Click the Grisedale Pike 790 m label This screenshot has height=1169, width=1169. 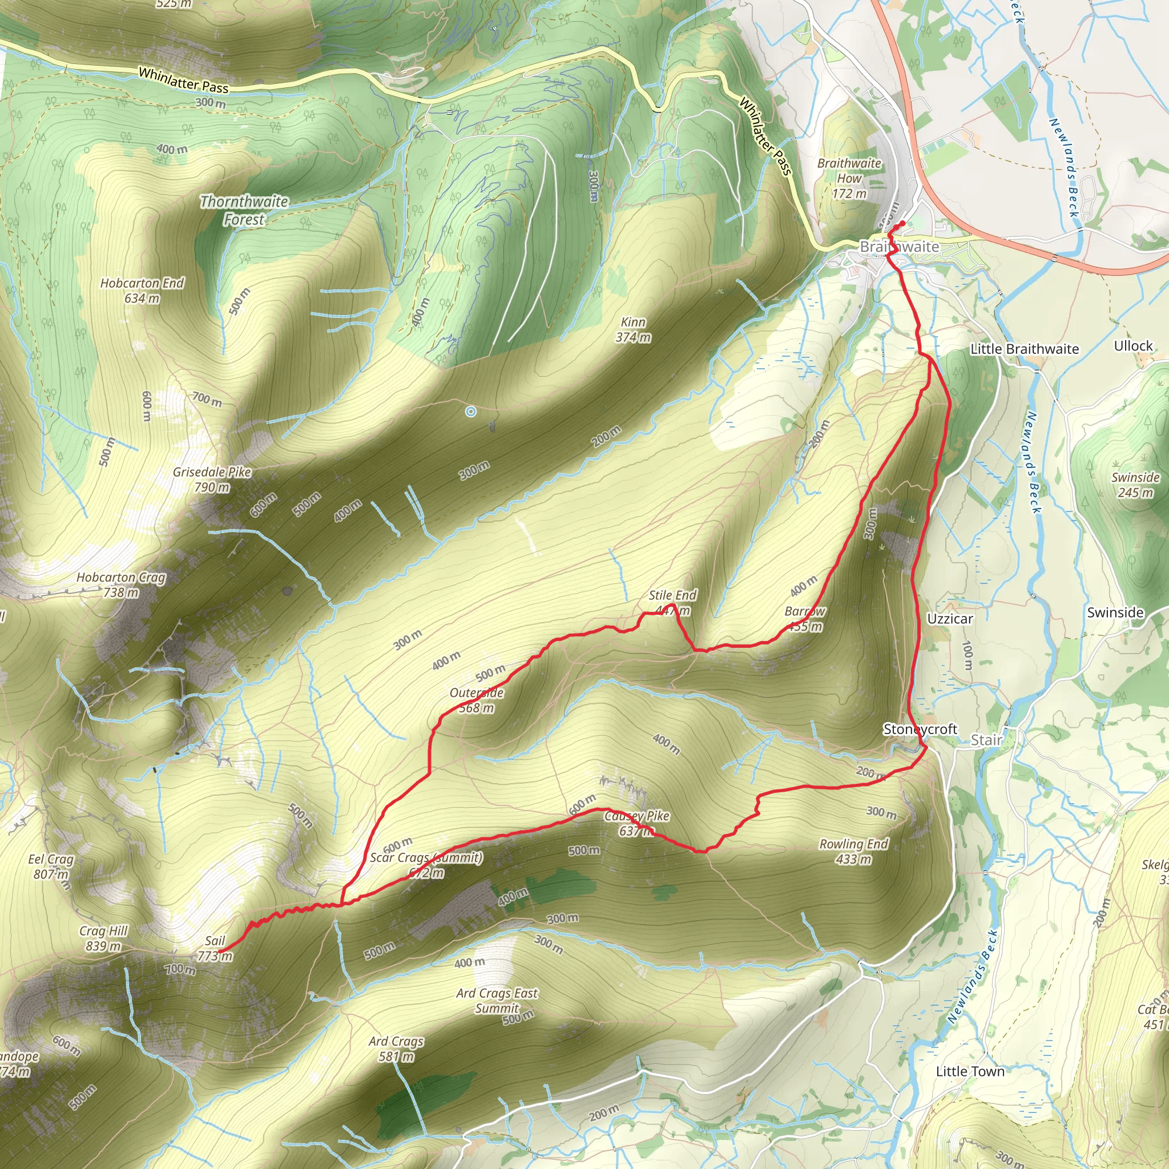tap(212, 479)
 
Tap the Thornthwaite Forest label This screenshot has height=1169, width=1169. tap(244, 210)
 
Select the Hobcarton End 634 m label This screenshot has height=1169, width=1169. tap(142, 291)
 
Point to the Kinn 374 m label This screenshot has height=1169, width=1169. tap(633, 330)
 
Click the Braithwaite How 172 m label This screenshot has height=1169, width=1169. tap(849, 178)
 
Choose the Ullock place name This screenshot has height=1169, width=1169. tap(1133, 346)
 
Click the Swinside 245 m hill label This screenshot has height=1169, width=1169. tap(1135, 485)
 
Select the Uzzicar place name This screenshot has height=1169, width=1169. tap(950, 619)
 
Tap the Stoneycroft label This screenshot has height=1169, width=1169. tap(920, 729)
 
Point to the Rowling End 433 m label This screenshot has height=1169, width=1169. tap(854, 851)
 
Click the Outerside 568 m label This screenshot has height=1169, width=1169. tap(476, 700)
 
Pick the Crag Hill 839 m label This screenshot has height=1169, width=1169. tap(103, 938)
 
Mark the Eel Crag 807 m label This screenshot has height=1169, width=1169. tap(51, 866)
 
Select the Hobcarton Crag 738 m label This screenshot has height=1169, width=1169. tap(121, 584)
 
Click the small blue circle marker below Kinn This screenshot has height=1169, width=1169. tap(471, 412)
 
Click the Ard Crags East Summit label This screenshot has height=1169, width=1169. tap(497, 1001)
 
